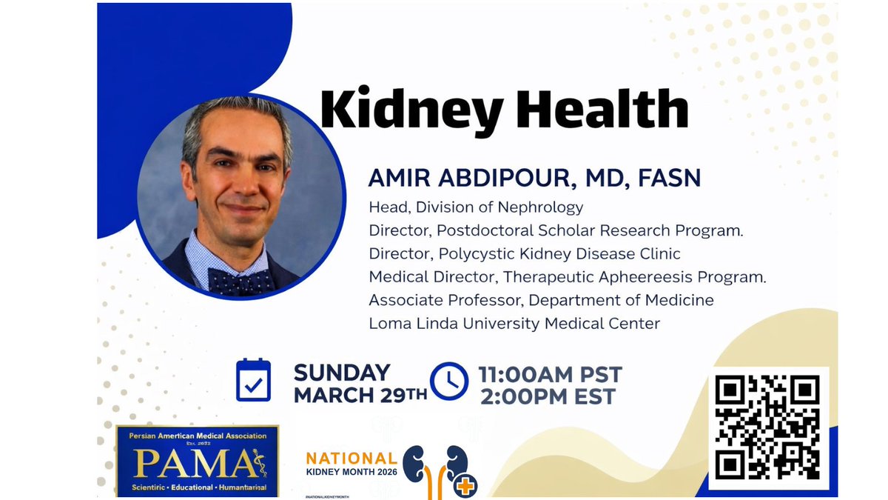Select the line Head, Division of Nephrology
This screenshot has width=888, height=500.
(x=476, y=207)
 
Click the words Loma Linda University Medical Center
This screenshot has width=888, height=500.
(x=514, y=323)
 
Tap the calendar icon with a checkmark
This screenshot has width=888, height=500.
(x=253, y=380)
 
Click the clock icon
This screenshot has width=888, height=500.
(x=449, y=381)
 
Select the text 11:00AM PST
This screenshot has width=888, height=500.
(x=550, y=373)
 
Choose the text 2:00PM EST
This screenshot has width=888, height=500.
(x=548, y=397)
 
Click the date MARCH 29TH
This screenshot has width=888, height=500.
(x=360, y=395)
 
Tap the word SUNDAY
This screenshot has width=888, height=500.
(x=342, y=372)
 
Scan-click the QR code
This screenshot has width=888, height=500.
(x=767, y=427)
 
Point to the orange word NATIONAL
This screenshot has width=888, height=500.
(x=351, y=458)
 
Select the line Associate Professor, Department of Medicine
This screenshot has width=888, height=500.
(x=541, y=300)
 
